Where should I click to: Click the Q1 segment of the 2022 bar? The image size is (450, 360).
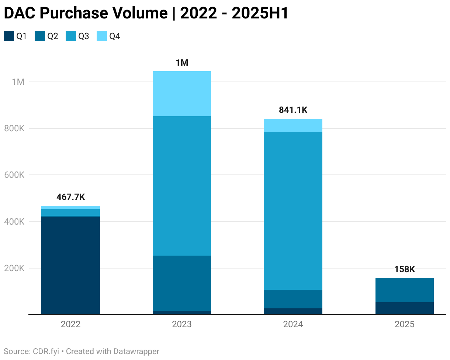(70, 266)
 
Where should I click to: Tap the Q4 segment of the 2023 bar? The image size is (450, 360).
(182, 94)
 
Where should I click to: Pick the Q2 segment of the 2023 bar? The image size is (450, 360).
(182, 283)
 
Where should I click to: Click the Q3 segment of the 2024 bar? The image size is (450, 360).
(293, 211)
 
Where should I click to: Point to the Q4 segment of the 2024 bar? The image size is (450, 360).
(293, 125)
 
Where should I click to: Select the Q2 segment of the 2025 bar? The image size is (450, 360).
(404, 290)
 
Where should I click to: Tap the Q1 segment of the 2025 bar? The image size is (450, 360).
(404, 308)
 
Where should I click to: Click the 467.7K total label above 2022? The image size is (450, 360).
(70, 197)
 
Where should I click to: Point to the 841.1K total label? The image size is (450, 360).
(293, 110)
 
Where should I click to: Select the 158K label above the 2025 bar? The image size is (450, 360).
(404, 269)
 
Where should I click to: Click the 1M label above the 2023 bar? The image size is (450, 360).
(182, 63)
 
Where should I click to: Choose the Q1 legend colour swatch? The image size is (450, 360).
(9, 36)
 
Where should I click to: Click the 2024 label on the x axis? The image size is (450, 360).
(293, 324)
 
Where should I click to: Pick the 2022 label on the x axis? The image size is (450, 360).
(70, 324)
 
